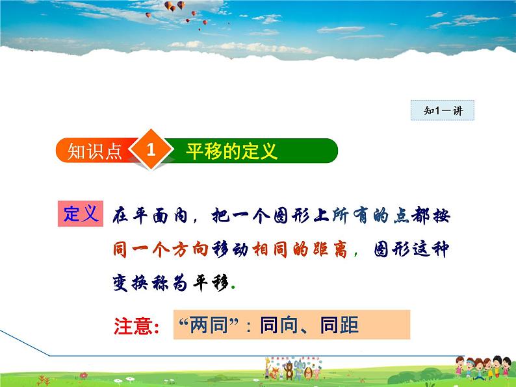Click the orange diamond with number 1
point(151,150)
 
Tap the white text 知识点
point(94,151)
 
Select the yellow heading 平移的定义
point(231,151)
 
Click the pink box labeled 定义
point(81,214)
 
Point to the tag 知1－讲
point(443,110)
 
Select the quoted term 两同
point(209,325)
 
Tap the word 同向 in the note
point(279,325)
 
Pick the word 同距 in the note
point(340,325)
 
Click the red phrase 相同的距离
point(300,249)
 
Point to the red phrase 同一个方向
point(161,249)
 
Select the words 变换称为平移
point(170,282)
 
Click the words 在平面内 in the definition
point(150,216)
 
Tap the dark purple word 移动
point(230,249)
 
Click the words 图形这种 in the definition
point(411,249)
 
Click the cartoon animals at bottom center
point(292,369)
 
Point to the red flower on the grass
point(84,375)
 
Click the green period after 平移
point(233,287)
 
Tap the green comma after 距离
point(356,254)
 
